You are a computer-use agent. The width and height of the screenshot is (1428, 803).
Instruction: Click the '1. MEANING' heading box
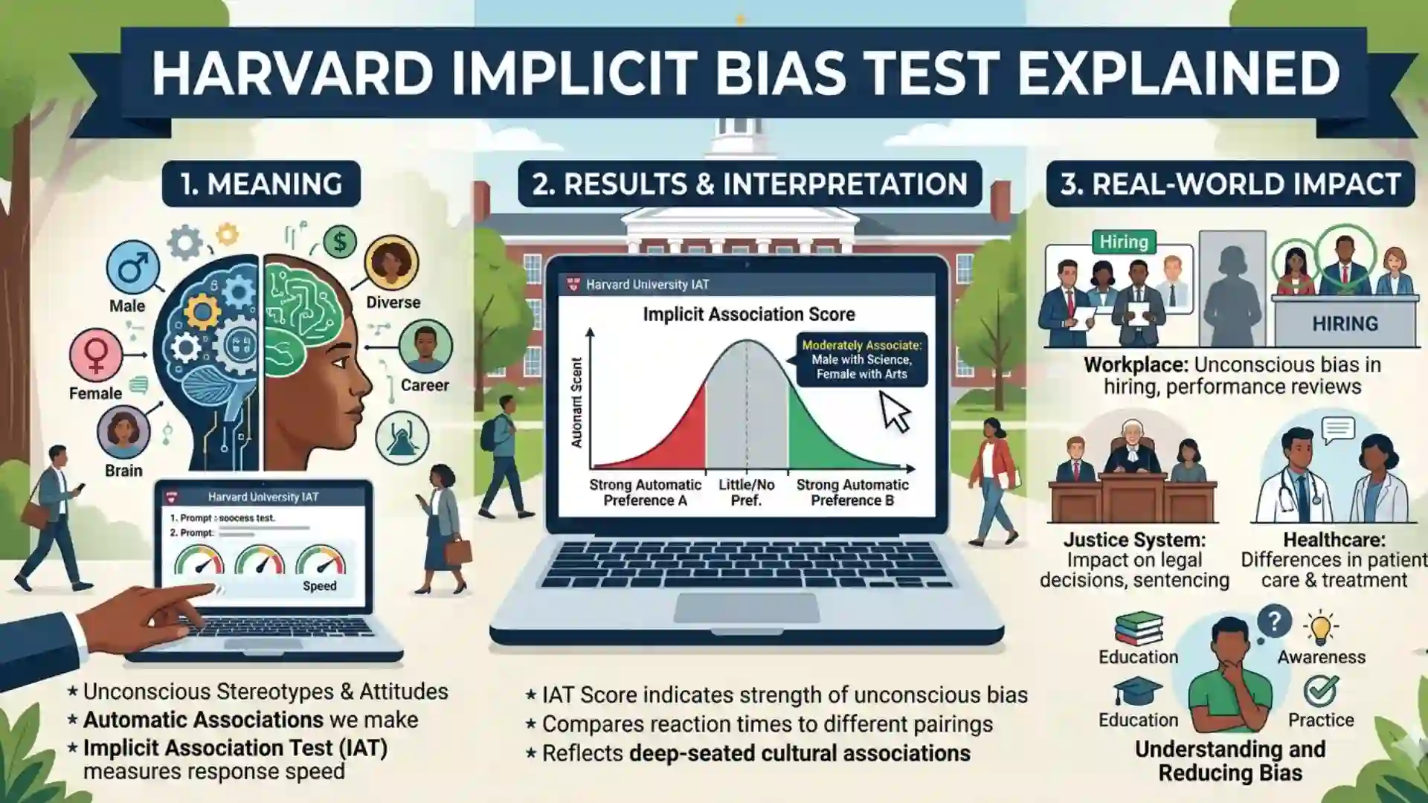point(261,184)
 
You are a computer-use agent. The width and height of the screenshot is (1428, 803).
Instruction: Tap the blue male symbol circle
point(133,268)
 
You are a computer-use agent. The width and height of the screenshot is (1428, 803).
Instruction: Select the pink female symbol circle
point(96,355)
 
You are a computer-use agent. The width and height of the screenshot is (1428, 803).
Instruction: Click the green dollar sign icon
point(340,242)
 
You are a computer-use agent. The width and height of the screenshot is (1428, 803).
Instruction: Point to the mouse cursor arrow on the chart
point(895,411)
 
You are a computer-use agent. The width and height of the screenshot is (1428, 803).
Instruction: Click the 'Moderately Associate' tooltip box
point(861,359)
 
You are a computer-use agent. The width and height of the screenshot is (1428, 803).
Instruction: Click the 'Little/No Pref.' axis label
point(746,492)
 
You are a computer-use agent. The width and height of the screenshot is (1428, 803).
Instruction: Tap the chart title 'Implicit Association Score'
point(748,315)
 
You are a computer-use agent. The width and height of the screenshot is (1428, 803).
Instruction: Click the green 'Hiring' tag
point(1123,242)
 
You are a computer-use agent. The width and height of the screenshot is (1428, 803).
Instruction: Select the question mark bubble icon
point(1273,621)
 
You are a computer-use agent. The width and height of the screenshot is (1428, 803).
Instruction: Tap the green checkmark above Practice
point(1321,691)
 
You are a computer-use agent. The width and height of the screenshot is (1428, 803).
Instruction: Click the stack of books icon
point(1139,628)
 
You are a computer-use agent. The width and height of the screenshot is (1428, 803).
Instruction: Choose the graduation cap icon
point(1137,691)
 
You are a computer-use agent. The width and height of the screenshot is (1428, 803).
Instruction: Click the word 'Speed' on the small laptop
point(319,586)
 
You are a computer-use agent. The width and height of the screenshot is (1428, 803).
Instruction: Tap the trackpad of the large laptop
point(746,607)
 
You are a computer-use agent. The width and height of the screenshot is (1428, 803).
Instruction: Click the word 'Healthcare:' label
point(1334,540)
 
